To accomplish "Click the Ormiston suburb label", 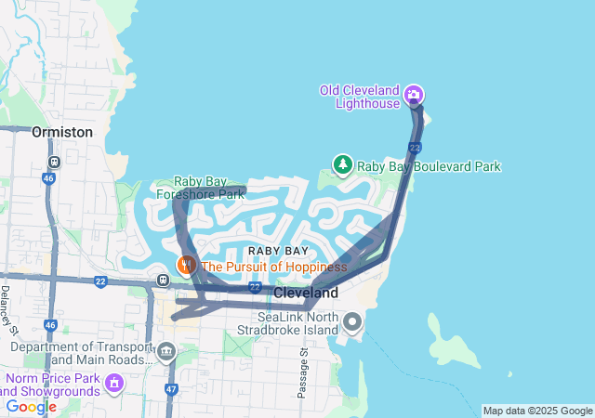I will click(62, 132).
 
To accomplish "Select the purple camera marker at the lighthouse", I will click(414, 94).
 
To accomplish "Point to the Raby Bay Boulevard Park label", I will click(430, 166).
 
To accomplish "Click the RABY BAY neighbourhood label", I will click(278, 252).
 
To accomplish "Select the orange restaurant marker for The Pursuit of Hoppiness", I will click(187, 266).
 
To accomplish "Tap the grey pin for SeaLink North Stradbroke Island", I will click(352, 323).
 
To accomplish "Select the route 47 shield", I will click(171, 389).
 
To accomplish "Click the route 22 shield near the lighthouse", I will click(415, 148).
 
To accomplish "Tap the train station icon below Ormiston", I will click(54, 161).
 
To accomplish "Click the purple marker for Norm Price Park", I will click(114, 382).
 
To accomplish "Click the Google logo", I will click(31, 406).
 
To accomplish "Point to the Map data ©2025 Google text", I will click(537, 411).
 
